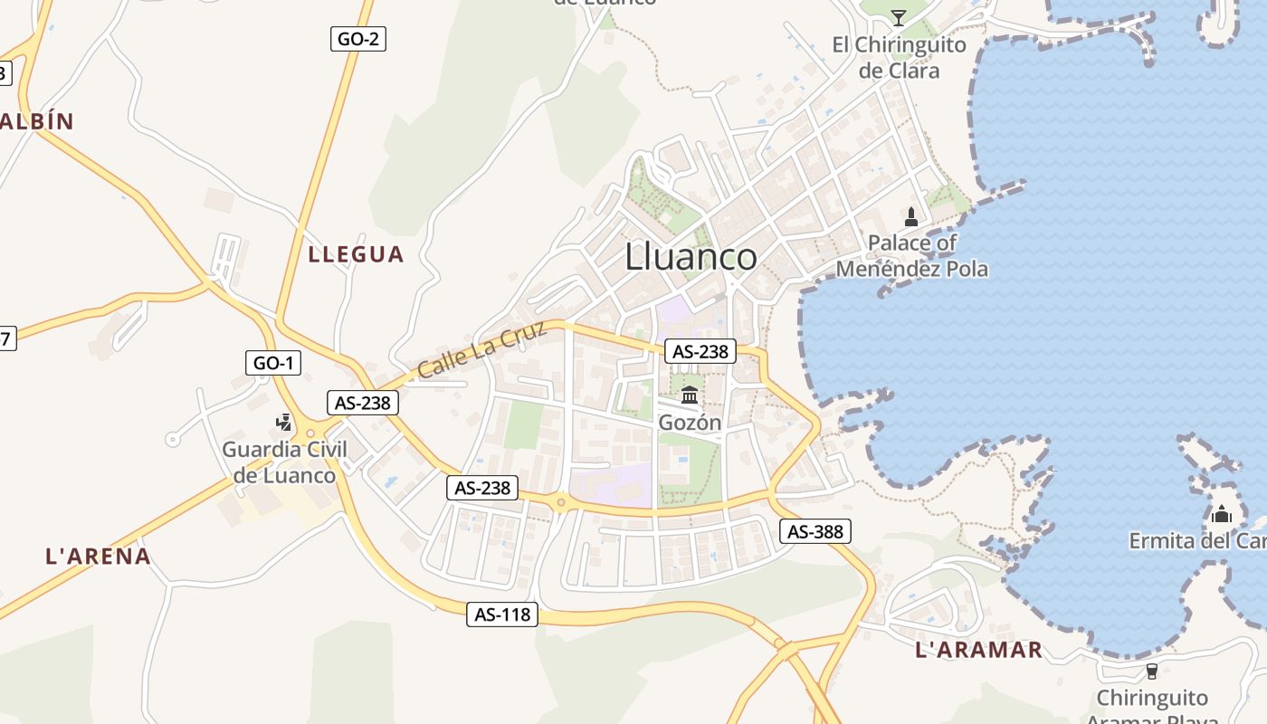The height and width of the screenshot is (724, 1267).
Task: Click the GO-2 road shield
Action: pos(358,39)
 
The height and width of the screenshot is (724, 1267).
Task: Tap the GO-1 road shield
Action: pos(273,363)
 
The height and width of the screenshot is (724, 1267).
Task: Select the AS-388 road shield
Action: pos(815,531)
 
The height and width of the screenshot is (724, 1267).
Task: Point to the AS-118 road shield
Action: pos(503,614)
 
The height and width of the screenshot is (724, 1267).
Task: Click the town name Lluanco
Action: pos(691,257)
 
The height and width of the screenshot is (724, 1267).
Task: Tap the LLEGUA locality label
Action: pos(356,254)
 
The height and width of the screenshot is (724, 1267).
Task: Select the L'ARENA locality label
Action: pos(99,556)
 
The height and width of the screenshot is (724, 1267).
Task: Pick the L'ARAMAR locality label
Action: pos(979,649)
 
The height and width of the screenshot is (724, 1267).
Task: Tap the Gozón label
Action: pos(690,422)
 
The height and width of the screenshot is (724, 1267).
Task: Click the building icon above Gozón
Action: pos(690,395)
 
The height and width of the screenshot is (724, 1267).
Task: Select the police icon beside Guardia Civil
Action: pos(284,422)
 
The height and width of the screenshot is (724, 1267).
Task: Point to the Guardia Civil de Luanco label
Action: pos(284,462)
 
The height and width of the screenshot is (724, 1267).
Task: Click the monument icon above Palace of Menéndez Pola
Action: pos(911,217)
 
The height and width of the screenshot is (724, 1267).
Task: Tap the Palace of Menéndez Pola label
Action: pos(911,255)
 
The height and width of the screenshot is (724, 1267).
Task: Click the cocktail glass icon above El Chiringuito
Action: pos(898,17)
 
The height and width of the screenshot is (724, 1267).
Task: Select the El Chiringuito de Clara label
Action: pos(899,57)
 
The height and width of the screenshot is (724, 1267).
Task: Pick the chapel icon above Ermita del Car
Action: pos(1222,514)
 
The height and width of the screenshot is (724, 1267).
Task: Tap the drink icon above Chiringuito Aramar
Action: pos(1151,671)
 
